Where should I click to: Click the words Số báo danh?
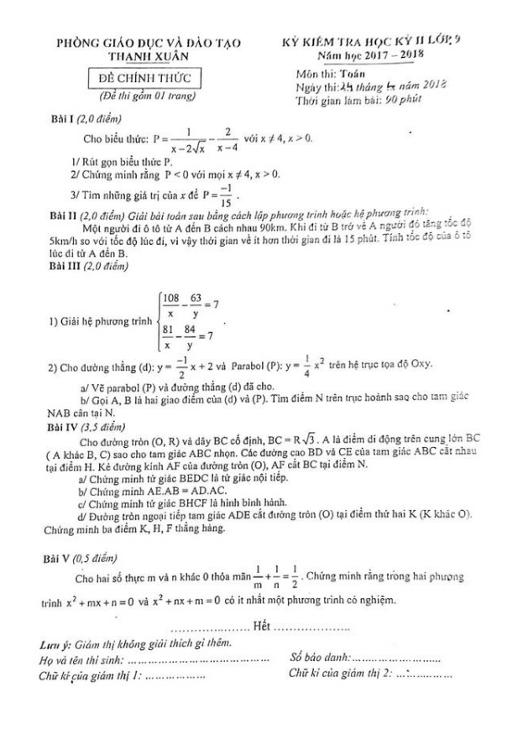point(318,658)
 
